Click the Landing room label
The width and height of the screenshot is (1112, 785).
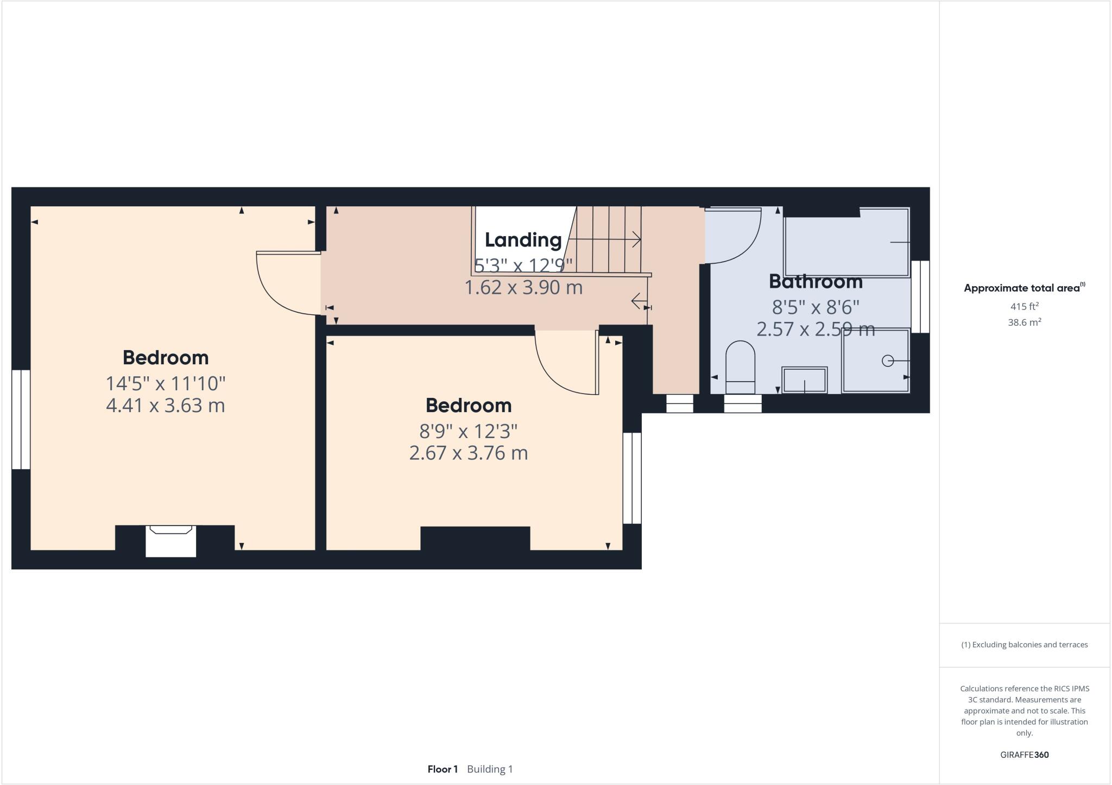pos(523,239)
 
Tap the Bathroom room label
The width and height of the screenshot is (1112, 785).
pos(816,281)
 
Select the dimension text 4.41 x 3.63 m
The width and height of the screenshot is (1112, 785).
pos(165,406)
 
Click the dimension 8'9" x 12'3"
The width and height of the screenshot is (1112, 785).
pos(468,431)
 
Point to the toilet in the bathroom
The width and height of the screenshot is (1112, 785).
pos(740,366)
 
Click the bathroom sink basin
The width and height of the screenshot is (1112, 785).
pos(804,379)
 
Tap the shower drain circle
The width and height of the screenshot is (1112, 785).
pos(887,360)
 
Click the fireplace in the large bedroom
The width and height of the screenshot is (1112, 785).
pos(170,540)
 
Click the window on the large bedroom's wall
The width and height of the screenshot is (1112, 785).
pos(21,419)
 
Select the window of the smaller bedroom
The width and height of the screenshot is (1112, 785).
pos(632,478)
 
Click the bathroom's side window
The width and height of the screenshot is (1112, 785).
pos(920,296)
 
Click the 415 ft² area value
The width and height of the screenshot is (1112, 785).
pos(1024,306)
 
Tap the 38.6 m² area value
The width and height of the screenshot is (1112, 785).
pos(1024,322)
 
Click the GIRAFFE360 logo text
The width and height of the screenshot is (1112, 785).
pos(1024,755)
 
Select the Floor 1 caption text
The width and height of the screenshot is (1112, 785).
pos(442,769)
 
